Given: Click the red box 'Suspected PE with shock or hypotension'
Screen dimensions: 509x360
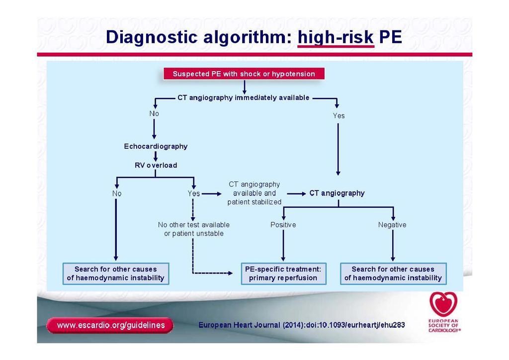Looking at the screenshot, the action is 244,74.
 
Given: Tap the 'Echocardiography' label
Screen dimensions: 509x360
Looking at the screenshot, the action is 156,146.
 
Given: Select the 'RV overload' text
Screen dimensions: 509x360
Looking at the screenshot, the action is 156,165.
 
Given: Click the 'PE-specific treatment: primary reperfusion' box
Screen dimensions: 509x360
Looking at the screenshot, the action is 283,273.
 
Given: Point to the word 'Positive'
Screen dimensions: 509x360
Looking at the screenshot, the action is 283,225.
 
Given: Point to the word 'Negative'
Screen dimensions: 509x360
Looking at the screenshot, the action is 392,225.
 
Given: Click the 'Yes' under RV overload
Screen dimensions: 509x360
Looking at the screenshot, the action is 194,193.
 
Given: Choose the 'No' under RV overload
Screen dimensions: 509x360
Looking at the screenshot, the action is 117,193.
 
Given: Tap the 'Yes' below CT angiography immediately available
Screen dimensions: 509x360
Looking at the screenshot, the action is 339,115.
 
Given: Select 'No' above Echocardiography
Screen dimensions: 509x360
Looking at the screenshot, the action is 154,113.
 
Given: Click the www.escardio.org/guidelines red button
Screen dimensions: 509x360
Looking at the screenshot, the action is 110,325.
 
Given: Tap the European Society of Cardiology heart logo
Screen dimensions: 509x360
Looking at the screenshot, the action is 443,304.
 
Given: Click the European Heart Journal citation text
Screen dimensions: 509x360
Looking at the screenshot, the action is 302,325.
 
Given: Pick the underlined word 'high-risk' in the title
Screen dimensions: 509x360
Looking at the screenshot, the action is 336,37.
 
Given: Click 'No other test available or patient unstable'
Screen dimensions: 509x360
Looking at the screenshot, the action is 194,229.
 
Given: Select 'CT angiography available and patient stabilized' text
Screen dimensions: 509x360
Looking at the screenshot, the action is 254,193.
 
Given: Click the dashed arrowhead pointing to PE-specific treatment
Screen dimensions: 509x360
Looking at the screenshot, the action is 230,273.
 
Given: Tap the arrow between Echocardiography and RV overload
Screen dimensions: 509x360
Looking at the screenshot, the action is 156,156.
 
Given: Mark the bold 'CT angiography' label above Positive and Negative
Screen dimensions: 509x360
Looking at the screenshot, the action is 337,193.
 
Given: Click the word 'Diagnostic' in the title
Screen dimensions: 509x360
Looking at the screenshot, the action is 152,37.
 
